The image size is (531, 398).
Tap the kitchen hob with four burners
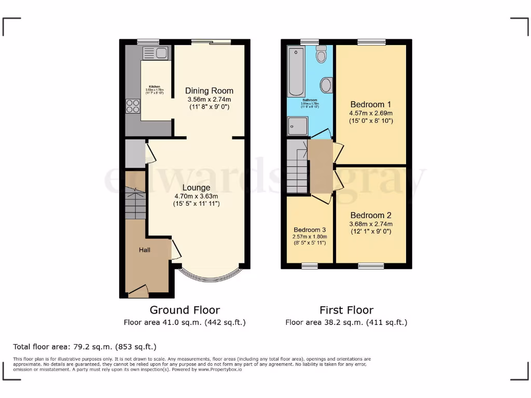click(x=133, y=106)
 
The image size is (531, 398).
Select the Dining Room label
click(x=209, y=91)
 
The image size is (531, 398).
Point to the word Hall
click(x=145, y=250)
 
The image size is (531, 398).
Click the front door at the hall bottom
click(x=138, y=293)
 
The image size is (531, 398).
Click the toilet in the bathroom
click(x=322, y=54)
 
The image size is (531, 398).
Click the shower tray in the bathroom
click(x=298, y=125)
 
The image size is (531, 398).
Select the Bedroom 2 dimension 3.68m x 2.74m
click(x=371, y=224)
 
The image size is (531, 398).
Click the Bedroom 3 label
click(x=310, y=230)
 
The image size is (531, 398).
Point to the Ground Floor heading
click(x=185, y=310)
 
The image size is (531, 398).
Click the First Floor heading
click(x=346, y=310)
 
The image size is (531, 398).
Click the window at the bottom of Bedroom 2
click(x=371, y=266)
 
